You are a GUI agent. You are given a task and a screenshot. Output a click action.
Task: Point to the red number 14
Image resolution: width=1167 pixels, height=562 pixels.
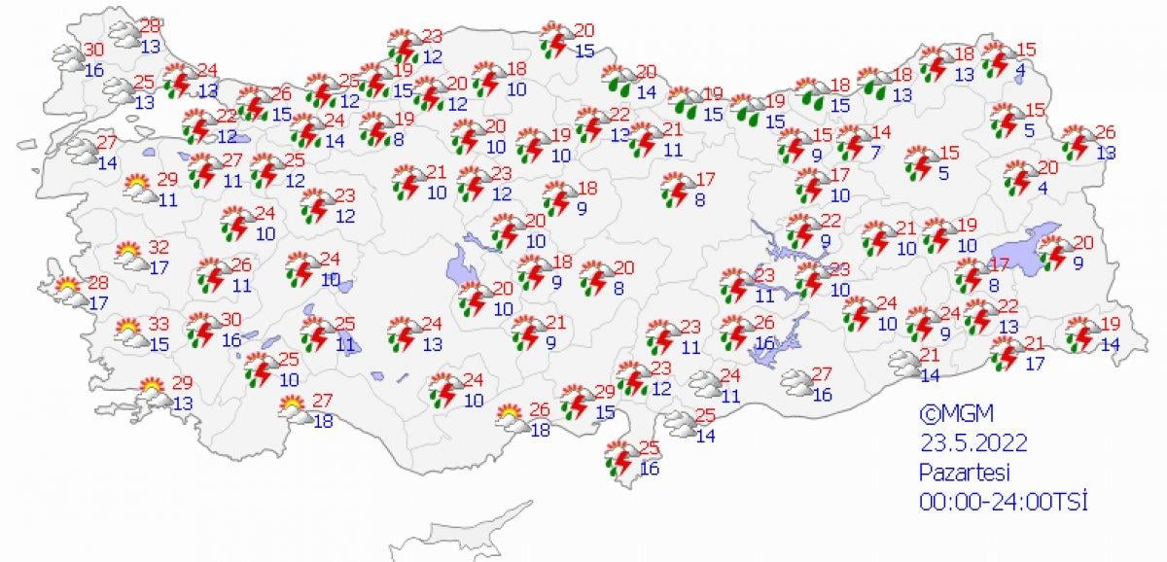(882, 132)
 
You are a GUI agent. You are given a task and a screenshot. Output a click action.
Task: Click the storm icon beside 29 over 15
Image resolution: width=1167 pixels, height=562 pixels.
(579, 403)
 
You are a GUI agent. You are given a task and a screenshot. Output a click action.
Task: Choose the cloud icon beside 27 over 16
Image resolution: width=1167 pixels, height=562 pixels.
(797, 383)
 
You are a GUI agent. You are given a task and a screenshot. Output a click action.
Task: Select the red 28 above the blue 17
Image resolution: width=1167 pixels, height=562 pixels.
(98, 283)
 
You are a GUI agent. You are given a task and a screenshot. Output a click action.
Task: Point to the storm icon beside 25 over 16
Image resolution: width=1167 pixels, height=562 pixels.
(619, 457)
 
